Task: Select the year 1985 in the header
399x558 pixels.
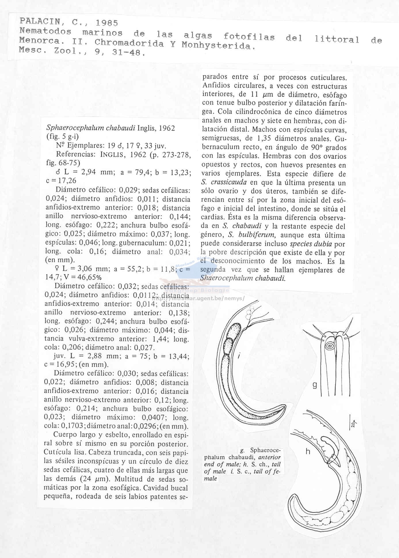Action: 107,23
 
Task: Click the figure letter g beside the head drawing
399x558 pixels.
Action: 315,385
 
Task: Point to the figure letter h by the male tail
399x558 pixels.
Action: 308,451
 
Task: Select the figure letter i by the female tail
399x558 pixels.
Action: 239,356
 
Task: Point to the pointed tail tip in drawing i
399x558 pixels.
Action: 285,407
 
